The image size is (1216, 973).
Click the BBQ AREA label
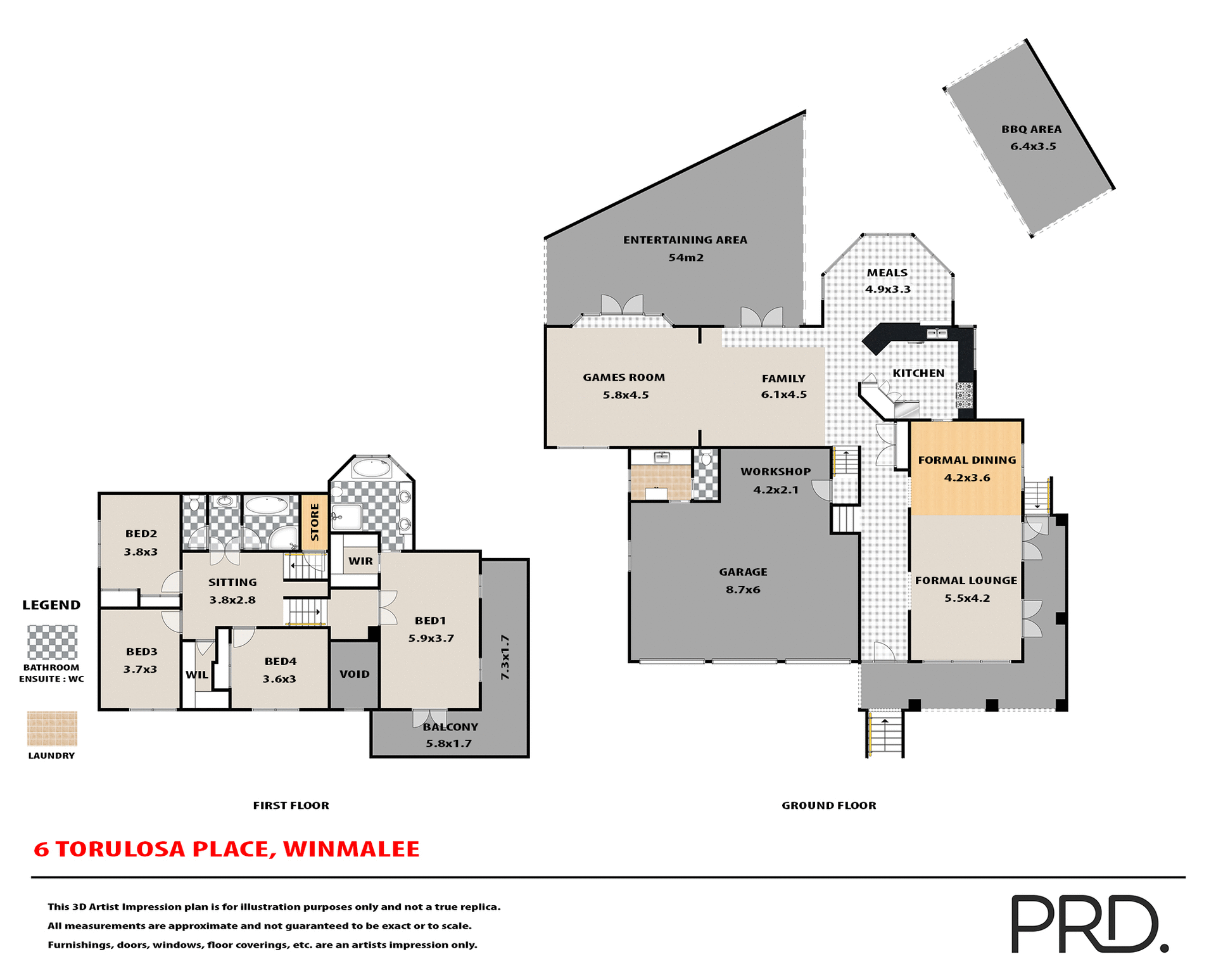point(1031,129)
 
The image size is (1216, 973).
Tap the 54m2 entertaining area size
point(686,258)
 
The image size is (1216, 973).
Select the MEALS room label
point(887,273)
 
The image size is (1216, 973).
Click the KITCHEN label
point(918,373)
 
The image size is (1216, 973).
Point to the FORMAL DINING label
point(966,461)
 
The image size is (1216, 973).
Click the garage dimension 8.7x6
point(743,590)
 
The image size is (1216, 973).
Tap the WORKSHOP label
point(775,472)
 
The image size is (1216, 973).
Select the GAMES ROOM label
point(624,378)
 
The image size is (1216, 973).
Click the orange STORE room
point(314,522)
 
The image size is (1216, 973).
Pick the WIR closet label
point(360,561)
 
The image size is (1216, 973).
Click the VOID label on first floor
point(354,674)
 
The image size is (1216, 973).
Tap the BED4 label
point(280,661)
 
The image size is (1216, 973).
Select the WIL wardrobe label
point(196,675)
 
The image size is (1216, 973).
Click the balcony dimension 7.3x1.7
point(505,657)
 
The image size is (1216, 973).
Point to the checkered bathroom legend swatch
point(52,642)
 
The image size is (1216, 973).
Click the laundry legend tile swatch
point(52,728)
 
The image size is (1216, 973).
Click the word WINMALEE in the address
point(351,849)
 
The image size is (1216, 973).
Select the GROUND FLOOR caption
point(828,806)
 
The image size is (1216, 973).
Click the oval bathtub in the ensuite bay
point(371,468)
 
